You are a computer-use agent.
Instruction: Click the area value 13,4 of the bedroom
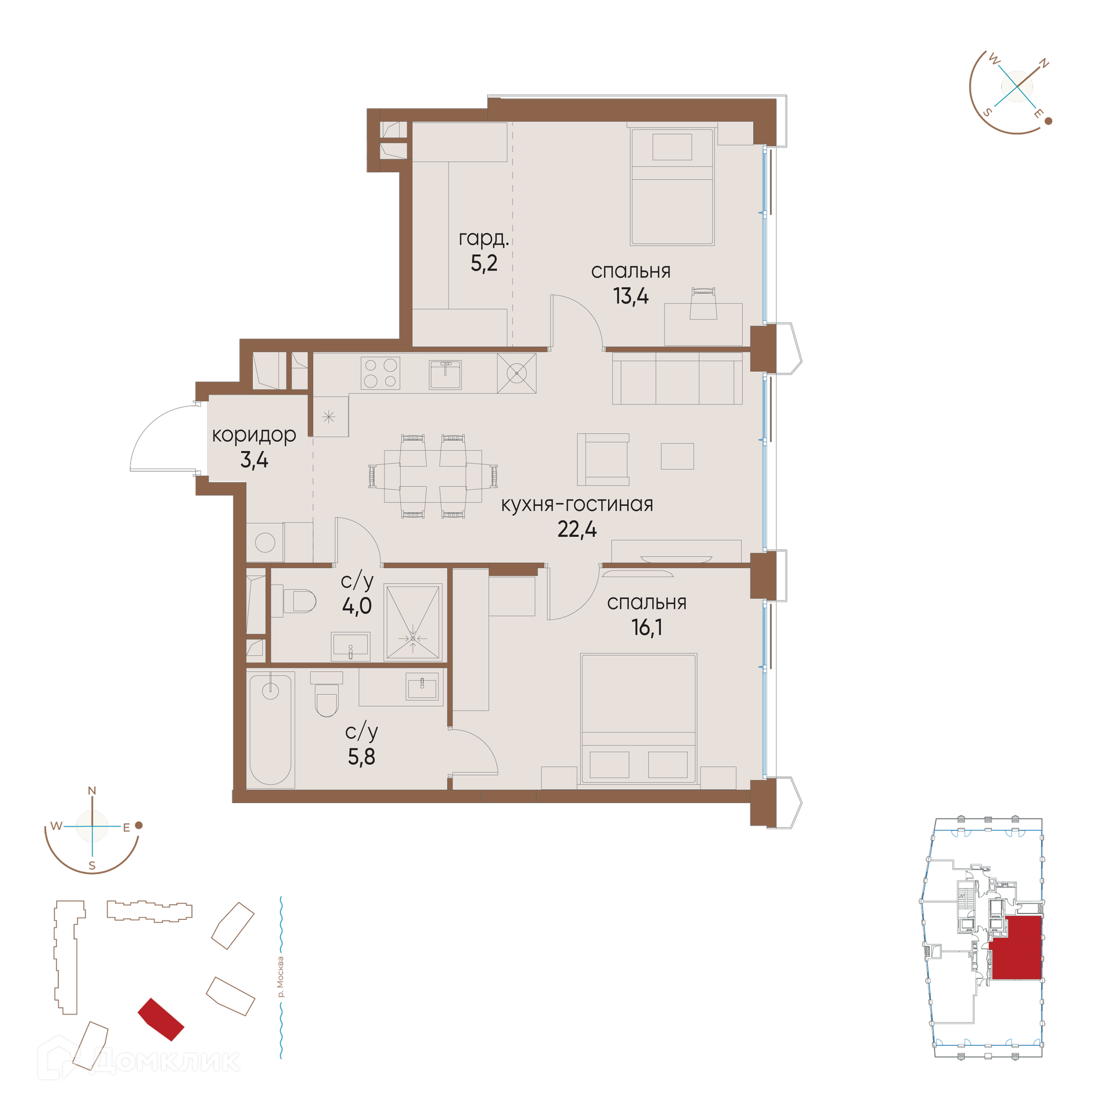click(631, 296)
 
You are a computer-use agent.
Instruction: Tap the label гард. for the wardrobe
click(483, 238)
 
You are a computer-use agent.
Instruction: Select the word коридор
click(254, 435)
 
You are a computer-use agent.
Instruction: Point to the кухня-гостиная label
click(577, 504)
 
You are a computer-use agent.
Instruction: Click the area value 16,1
click(646, 627)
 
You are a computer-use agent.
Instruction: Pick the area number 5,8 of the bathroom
click(361, 756)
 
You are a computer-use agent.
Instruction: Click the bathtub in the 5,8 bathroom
click(271, 730)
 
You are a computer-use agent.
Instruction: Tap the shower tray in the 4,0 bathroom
click(413, 622)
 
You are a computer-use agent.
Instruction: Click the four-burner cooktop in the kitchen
click(380, 373)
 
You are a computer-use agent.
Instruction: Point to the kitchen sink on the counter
click(445, 375)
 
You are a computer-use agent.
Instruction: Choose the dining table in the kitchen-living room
click(433, 476)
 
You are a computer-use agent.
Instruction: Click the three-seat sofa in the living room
click(677, 379)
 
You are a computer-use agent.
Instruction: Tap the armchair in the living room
click(603, 460)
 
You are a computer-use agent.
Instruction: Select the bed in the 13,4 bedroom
click(672, 186)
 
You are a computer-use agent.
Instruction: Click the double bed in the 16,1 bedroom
click(639, 719)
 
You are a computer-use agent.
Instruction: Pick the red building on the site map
click(161, 1019)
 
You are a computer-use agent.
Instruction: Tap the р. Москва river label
click(280, 977)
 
